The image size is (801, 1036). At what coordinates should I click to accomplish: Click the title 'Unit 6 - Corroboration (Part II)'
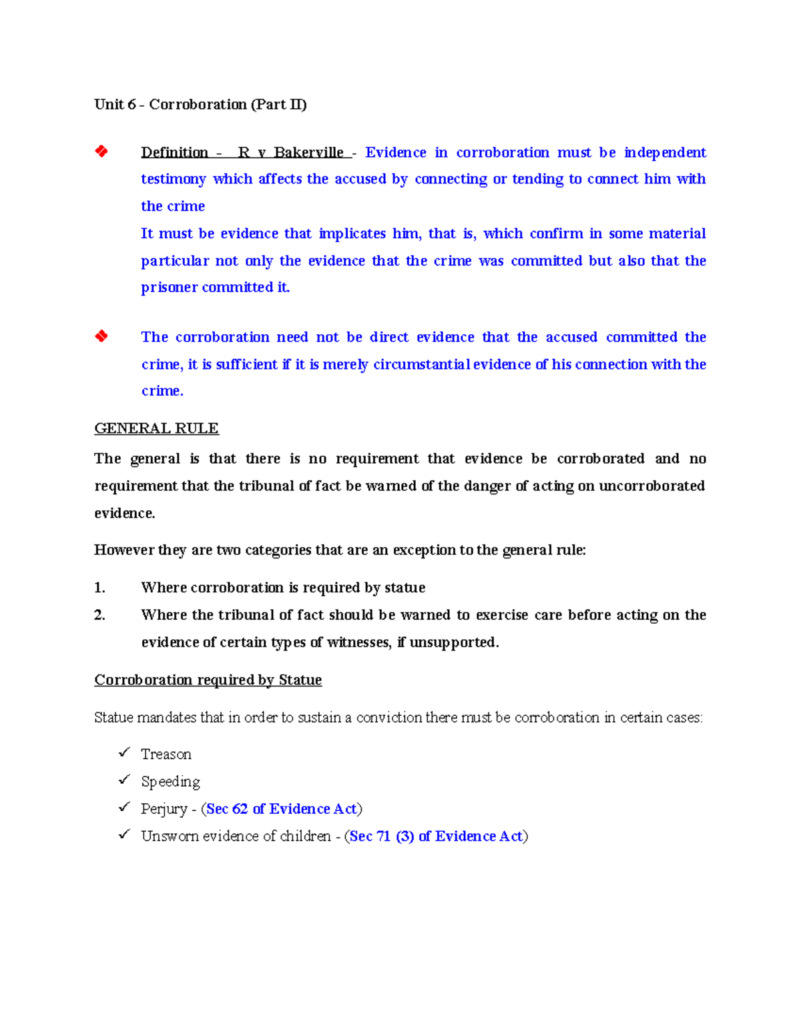200,105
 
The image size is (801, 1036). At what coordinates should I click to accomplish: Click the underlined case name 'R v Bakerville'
291,153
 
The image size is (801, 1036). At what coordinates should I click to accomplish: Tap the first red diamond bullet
101,151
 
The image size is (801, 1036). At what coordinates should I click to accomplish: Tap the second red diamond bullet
101,336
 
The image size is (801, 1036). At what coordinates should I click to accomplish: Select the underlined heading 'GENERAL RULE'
156,428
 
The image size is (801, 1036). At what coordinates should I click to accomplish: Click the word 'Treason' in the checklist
166,754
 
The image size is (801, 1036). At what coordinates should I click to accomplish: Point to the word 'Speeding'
170,782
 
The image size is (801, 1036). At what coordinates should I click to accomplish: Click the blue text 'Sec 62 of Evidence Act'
281,809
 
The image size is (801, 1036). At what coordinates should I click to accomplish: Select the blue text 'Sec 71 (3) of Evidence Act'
435,837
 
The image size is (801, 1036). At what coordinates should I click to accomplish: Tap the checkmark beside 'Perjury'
124,807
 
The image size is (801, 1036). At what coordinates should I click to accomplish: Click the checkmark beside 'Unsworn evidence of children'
124,835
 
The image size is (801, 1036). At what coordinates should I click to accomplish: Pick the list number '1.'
99,588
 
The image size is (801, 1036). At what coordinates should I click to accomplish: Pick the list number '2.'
99,615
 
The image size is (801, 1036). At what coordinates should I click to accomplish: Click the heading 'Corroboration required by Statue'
208,680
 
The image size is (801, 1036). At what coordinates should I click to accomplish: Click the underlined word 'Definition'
174,153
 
